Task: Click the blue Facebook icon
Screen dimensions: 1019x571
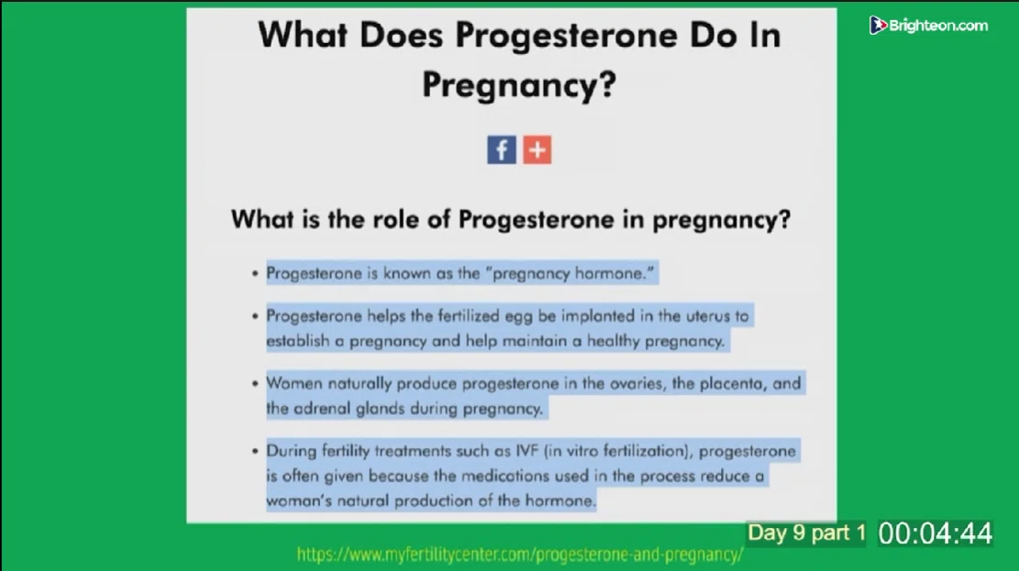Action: click(502, 150)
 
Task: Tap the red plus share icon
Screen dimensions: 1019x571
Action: click(537, 150)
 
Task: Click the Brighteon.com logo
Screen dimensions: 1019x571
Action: click(929, 26)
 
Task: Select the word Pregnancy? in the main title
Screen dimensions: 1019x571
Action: click(518, 84)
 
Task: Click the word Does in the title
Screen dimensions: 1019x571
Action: click(401, 35)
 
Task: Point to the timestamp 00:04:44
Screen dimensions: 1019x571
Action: click(936, 533)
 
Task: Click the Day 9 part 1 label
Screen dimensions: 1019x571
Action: click(806, 533)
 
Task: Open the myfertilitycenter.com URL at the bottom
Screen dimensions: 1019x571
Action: click(520, 555)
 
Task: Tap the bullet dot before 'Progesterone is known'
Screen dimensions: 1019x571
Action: click(255, 274)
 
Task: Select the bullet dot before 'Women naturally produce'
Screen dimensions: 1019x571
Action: click(255, 384)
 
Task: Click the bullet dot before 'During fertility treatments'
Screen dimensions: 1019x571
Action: click(255, 452)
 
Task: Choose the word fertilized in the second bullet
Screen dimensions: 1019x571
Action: click(471, 315)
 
